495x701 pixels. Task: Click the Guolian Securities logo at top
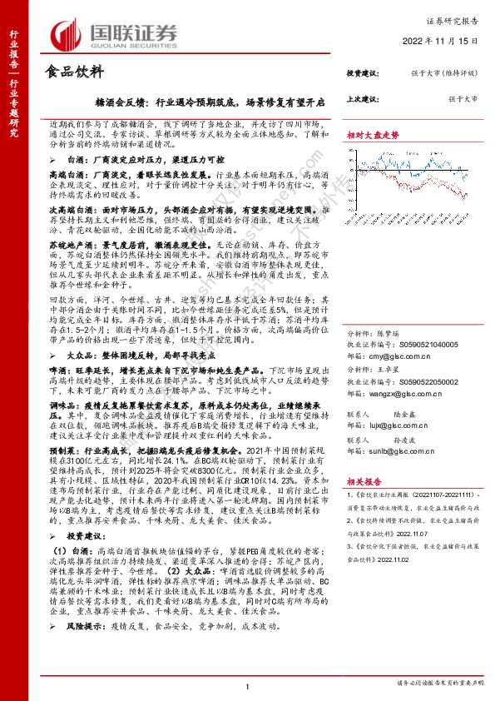click(x=116, y=33)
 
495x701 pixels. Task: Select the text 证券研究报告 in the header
click(x=458, y=18)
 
